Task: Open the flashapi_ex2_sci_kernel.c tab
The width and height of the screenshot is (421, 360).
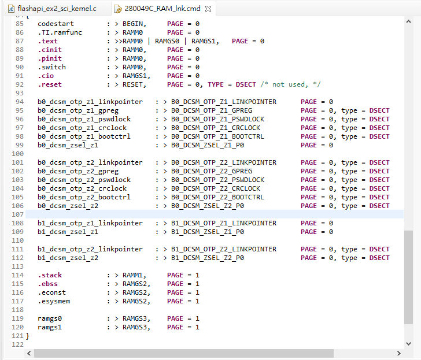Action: tap(57, 9)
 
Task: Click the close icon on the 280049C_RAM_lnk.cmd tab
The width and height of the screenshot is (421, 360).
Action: tap(208, 9)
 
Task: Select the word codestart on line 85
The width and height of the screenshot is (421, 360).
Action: tap(56, 24)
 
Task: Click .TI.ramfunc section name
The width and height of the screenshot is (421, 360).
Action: tap(60, 32)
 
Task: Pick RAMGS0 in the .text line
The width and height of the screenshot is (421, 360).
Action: tap(167, 41)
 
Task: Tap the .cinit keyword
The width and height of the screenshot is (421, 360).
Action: tap(50, 50)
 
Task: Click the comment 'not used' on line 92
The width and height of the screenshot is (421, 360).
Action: tap(289, 84)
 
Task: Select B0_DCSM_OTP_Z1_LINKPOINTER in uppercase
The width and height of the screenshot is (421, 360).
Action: tap(224, 102)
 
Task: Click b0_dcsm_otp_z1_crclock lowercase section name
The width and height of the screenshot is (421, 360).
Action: tap(82, 128)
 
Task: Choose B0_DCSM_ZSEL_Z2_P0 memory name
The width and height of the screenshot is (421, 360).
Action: tap(208, 206)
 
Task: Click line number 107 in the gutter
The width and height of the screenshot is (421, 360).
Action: tap(18, 214)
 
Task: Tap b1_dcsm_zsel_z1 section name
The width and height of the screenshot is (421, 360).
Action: tap(68, 232)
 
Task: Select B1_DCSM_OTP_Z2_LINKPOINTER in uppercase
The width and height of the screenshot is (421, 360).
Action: tap(224, 249)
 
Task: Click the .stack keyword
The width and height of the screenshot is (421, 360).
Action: tap(50, 275)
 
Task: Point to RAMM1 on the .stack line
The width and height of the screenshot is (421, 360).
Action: tap(132, 275)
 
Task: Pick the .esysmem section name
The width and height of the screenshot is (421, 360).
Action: tap(54, 301)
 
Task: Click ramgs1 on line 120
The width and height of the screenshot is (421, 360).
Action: tap(50, 327)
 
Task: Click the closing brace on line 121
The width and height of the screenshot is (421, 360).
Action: tap(27, 336)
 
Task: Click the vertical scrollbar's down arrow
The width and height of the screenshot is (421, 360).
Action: tap(408, 344)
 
